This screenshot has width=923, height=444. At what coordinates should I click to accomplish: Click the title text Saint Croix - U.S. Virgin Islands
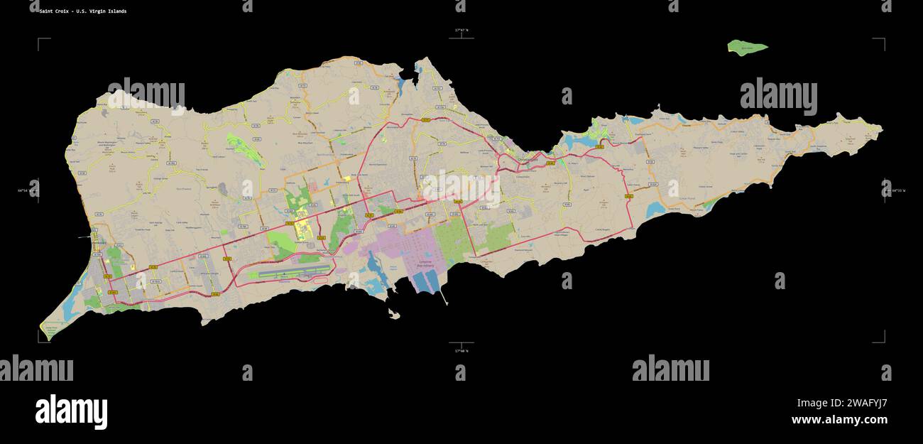[83, 11]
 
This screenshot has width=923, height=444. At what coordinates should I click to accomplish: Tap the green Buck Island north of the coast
[747, 48]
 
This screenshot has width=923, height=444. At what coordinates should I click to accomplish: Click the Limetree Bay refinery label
[424, 264]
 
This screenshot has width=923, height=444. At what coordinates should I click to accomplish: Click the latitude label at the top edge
[461, 30]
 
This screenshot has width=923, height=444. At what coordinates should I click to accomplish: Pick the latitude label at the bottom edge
[461, 350]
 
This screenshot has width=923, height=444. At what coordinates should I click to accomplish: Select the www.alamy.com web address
[839, 420]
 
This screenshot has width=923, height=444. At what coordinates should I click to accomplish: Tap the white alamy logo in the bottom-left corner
[71, 412]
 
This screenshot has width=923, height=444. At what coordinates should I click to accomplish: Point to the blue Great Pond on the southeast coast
[655, 210]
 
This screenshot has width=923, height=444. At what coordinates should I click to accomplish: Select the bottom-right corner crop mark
[883, 340]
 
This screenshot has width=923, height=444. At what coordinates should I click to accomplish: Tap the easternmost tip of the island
[881, 129]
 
